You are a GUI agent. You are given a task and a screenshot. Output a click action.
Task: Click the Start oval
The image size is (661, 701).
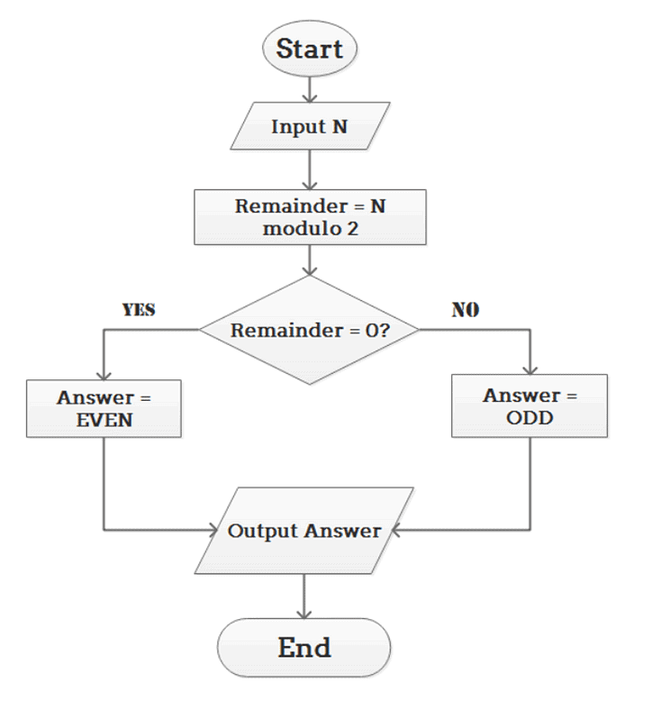309,48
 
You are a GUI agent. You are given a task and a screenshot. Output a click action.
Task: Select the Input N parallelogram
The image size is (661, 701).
309,126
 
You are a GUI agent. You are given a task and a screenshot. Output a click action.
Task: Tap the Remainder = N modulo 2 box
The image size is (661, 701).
310,217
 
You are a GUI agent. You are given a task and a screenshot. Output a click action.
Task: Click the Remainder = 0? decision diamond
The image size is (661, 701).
310,330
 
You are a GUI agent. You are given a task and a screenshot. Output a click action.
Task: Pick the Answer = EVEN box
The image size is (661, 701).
104,408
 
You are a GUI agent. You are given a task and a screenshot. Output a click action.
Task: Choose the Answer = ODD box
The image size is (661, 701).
530,406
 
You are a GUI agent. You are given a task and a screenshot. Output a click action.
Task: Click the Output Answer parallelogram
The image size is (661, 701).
303,531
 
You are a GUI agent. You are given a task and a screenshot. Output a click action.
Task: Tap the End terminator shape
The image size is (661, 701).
304,647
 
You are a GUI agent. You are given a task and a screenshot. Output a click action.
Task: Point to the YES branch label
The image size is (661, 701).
139,310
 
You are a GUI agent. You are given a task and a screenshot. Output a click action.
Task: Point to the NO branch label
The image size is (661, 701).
465,310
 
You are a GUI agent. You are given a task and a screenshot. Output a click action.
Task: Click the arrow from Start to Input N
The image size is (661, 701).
309,87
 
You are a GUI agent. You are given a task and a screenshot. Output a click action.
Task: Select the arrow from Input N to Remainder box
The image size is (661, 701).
309,169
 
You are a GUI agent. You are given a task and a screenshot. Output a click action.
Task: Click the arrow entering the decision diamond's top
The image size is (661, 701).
309,260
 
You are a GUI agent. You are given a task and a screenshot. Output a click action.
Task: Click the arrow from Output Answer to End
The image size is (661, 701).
304,597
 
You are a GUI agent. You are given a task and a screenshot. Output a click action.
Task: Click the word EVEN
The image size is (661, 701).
104,419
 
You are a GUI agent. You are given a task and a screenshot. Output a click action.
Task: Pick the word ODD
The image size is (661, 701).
530,418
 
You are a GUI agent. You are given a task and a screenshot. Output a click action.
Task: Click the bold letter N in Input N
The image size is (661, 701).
339,126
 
